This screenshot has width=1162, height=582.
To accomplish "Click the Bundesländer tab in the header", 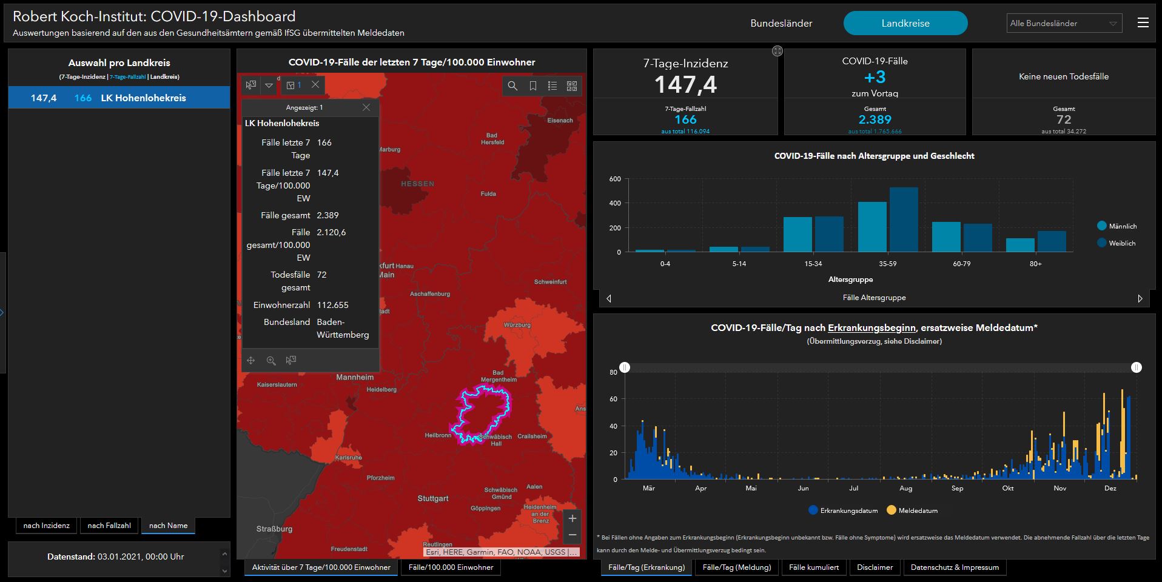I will (781, 24).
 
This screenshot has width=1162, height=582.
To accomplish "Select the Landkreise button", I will (905, 24).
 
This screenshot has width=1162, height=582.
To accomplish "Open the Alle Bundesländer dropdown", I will (1064, 24).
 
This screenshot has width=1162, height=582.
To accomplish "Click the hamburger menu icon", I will (1143, 23).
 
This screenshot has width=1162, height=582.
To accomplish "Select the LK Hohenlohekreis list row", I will (119, 98).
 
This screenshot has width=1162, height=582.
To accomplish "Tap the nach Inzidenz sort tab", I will (47, 526).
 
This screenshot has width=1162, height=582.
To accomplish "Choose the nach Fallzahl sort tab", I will (109, 526).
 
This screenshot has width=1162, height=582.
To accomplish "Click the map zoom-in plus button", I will (572, 518).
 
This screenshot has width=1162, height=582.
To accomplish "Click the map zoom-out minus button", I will (572, 535).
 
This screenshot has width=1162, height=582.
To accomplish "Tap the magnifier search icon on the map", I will (512, 86).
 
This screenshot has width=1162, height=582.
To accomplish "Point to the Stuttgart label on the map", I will (433, 498).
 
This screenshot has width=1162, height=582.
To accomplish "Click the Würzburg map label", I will (517, 325).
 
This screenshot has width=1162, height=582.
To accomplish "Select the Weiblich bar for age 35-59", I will (904, 219).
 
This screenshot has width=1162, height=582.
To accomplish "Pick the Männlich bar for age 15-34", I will (798, 234).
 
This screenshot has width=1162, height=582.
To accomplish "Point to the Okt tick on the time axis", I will (1008, 488).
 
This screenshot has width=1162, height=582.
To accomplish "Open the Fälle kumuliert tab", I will (814, 567).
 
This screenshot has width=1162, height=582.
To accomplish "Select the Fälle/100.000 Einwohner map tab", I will (451, 567).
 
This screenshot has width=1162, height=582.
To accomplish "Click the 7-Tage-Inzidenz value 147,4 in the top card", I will (685, 84).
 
